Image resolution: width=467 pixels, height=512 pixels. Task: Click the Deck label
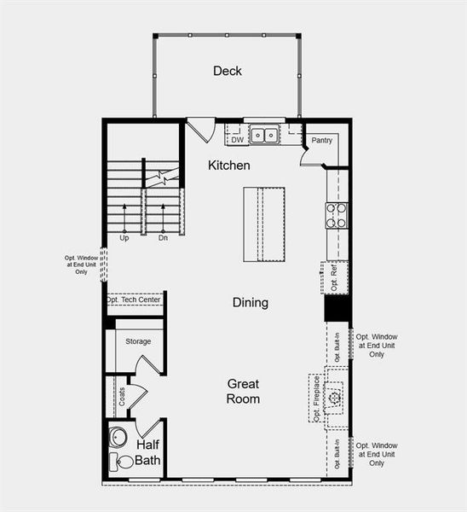pyautogui.click(x=228, y=71)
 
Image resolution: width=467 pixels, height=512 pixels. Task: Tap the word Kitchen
pyautogui.click(x=229, y=165)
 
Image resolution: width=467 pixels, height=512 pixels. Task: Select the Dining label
pyautogui.click(x=251, y=302)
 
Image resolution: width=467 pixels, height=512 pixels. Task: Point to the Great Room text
pyautogui.click(x=243, y=391)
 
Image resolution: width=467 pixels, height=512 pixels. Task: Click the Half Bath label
pyautogui.click(x=147, y=453)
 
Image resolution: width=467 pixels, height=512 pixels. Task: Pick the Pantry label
pyautogui.click(x=321, y=140)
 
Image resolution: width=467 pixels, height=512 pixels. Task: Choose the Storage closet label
pyautogui.click(x=138, y=341)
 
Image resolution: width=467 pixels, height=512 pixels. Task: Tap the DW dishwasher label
pyautogui.click(x=238, y=139)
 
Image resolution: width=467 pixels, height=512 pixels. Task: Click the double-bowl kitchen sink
pyautogui.click(x=266, y=135)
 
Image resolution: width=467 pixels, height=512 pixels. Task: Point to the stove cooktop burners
pyautogui.click(x=337, y=214)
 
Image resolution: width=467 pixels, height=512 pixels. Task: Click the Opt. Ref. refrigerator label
pyautogui.click(x=335, y=277)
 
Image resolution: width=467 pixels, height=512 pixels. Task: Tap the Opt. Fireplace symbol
pyautogui.click(x=336, y=397)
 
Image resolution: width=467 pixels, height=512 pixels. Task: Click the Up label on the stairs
pyautogui.click(x=124, y=238)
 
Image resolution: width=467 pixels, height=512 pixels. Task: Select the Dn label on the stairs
pyautogui.click(x=163, y=238)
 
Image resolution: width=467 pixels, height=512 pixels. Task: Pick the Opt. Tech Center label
pyautogui.click(x=135, y=300)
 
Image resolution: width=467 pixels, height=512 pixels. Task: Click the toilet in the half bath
pyautogui.click(x=123, y=462)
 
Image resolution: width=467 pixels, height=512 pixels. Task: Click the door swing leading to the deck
pyautogui.click(x=202, y=131)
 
